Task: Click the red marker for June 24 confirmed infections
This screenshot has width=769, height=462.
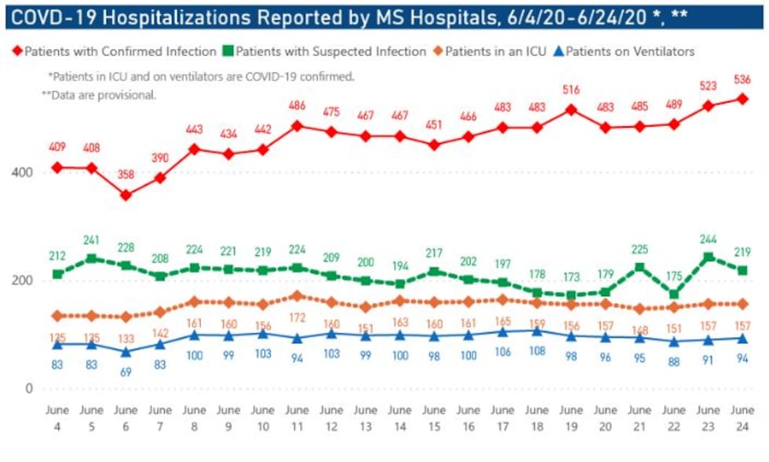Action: coord(742,99)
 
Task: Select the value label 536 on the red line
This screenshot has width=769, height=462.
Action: coord(742,79)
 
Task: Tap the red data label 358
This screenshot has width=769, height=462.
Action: coord(126,175)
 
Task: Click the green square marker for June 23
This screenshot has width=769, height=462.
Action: coord(708,257)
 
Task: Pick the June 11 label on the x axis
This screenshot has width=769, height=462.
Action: coord(297,418)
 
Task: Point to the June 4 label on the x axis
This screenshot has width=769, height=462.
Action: coord(57,418)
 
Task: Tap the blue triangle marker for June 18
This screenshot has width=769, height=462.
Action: coord(537,331)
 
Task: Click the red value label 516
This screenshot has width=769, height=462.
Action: coord(570,90)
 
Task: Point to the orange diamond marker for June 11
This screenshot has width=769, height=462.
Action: coord(297,296)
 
